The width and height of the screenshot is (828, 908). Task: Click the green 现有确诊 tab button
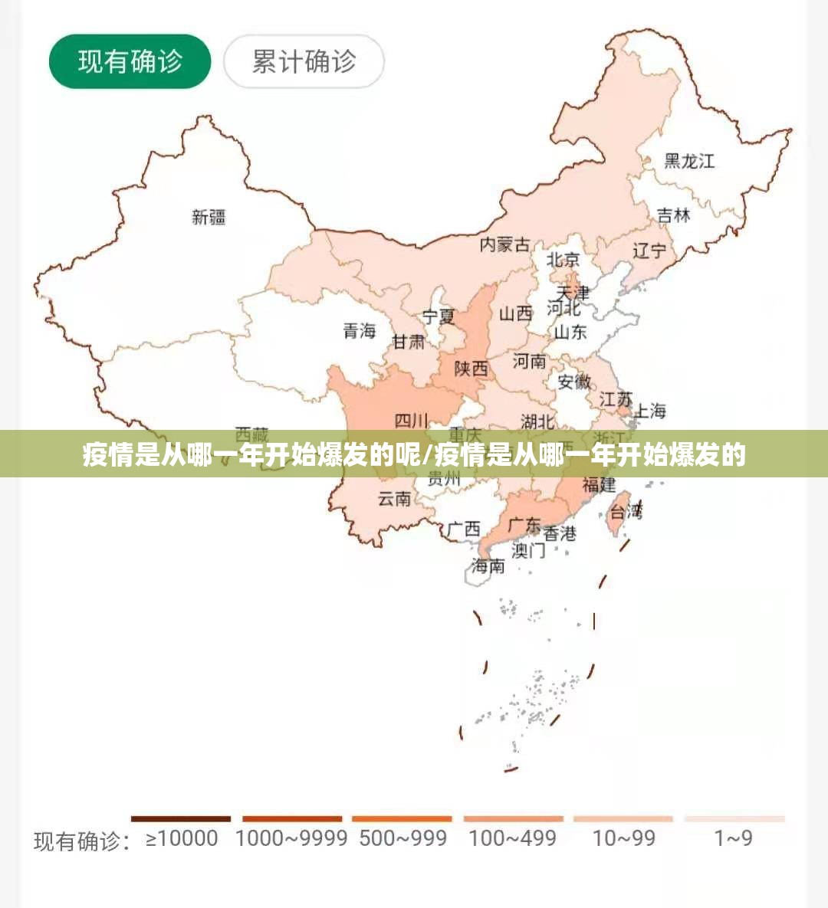(130, 61)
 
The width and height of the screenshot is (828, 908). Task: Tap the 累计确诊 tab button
(304, 61)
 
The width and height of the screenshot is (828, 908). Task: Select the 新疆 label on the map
(209, 217)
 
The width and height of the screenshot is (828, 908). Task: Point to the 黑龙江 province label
(688, 161)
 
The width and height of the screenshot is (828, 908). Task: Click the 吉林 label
(674, 215)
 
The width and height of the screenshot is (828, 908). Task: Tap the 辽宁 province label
(649, 251)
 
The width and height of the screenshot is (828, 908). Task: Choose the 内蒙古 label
(504, 244)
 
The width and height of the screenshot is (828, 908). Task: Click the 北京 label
(563, 260)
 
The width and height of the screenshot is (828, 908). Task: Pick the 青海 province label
(359, 330)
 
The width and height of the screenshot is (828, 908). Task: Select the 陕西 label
(471, 369)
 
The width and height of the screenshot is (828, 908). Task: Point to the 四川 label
(411, 421)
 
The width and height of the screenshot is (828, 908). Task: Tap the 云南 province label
(394, 499)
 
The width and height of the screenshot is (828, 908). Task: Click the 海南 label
(488, 565)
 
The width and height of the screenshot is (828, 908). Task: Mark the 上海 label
(649, 411)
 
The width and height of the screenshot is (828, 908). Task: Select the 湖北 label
(537, 421)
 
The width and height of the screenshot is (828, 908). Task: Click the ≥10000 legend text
(182, 838)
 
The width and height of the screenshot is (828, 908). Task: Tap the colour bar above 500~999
(402, 819)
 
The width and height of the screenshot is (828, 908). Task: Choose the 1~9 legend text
(733, 838)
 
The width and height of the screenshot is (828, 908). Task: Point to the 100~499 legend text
(512, 838)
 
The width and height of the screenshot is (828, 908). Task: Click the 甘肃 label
(409, 342)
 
